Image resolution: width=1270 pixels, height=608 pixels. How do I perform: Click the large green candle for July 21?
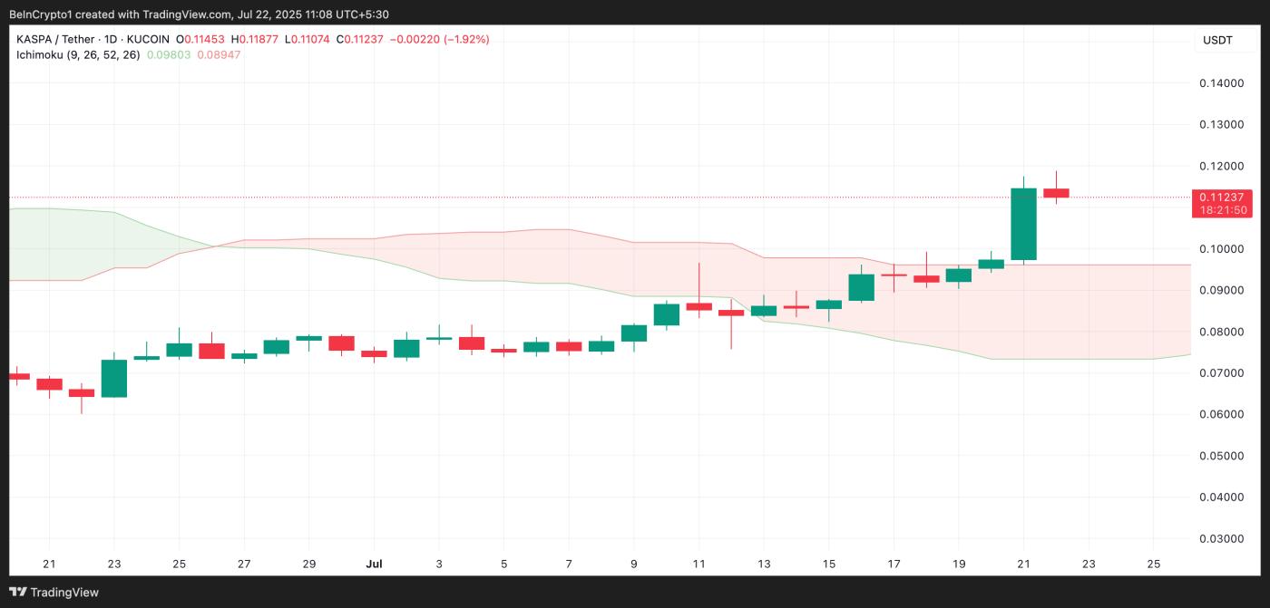pos(1023,224)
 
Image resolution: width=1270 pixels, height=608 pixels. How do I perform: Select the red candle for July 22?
pos(1056,193)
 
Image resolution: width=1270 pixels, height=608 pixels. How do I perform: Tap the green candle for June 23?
pos(114,378)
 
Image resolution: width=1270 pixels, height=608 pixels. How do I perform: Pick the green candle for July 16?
pos(861,287)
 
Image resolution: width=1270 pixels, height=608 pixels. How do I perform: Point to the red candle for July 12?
pos(731,313)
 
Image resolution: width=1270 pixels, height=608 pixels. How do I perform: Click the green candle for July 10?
pos(667,314)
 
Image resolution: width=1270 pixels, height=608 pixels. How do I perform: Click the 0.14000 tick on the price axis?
pos(1221,83)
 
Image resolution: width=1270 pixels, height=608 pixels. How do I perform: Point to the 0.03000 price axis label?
pos(1221,538)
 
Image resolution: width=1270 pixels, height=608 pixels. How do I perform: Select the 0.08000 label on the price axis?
pos(1221,332)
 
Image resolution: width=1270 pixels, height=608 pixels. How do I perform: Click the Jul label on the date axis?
pos(374,564)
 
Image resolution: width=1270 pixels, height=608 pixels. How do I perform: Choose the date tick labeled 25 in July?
pos(1153,564)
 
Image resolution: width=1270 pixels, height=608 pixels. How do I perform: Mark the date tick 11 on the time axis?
pos(698,564)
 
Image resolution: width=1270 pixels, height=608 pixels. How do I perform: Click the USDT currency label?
pos(1217,40)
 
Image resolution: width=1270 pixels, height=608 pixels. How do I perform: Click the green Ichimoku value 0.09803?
pos(171,54)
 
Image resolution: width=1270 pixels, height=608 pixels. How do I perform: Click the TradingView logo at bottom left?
pos(56,592)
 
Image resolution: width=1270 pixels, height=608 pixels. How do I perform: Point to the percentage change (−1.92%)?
pos(466,39)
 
